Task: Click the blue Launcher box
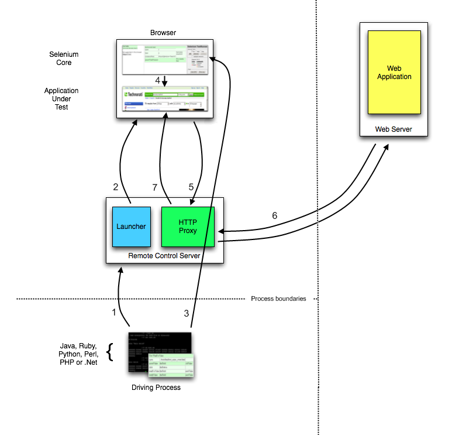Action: [x=131, y=226]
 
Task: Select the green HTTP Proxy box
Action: [x=188, y=226]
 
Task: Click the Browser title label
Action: [x=163, y=33]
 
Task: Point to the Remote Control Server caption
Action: [x=164, y=256]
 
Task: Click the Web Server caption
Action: [x=393, y=129]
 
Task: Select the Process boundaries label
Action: [x=278, y=299]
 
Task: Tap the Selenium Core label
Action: [x=64, y=59]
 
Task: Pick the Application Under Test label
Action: [x=61, y=99]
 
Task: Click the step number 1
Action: [x=114, y=312]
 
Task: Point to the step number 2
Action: [x=116, y=187]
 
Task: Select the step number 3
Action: [x=187, y=313]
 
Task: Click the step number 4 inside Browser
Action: [x=157, y=80]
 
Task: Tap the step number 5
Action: [x=191, y=187]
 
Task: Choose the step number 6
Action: [x=275, y=215]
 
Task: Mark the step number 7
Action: [x=155, y=187]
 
